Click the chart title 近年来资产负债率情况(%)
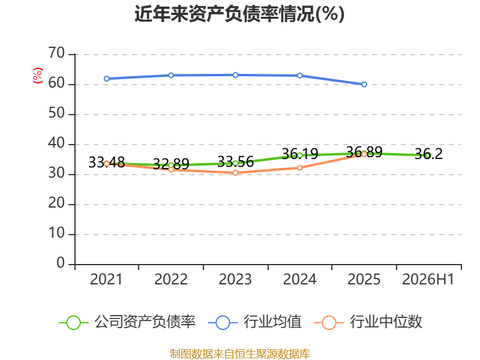coord(239,14)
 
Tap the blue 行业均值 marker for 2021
coord(107,79)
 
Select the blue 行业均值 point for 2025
coord(364,84)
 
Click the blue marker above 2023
coord(235,75)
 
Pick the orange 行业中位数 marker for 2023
coord(235,173)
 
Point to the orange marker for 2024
coord(299,168)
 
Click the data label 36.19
coord(299,154)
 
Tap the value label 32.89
coord(171,164)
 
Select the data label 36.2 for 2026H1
coord(428,154)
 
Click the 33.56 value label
coord(235,161)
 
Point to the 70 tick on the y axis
coord(56,53)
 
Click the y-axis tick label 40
coord(56,143)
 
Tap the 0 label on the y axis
coord(61,263)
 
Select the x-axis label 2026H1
coord(428,279)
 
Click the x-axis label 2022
coord(171,279)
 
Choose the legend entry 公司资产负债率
coord(127,322)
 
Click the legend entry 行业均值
coord(254,322)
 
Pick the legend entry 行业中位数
coord(368,322)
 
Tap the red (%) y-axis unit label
coord(38,76)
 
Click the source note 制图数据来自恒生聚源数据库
coord(240,354)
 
